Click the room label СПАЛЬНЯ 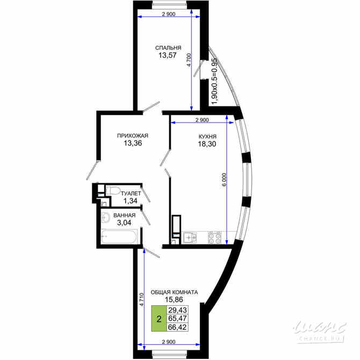tap(169, 47)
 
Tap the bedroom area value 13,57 tap(169, 55)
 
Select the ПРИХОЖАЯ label tap(132, 136)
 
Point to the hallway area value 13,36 tap(132, 143)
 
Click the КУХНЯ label tap(206, 136)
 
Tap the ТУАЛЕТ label tap(131, 193)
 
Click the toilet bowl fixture tap(112, 190)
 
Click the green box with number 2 tap(159, 318)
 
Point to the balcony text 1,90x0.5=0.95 tap(214, 81)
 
